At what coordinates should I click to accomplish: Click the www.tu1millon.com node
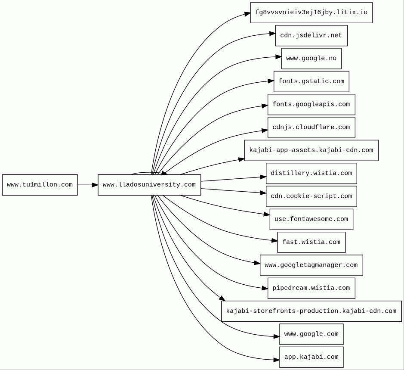(40, 185)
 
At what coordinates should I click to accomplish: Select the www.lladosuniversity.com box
(149, 185)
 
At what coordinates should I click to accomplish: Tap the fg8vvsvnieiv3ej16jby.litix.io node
(311, 12)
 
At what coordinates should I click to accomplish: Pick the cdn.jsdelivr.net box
(311, 35)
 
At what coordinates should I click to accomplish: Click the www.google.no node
(311, 58)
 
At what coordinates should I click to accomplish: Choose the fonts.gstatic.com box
(311, 81)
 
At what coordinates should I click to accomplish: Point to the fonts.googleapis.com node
(311, 104)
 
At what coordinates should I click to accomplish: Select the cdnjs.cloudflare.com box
(311, 127)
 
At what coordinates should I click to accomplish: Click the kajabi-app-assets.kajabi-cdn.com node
(311, 150)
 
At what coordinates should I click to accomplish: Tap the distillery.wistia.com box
(311, 173)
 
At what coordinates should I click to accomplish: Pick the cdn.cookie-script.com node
(311, 196)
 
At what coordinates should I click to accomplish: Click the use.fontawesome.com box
(311, 219)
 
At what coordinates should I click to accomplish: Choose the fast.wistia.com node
(311, 242)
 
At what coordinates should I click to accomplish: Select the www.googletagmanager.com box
(311, 265)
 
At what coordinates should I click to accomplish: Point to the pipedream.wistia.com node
(311, 288)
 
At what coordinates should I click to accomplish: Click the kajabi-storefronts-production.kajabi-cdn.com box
(311, 311)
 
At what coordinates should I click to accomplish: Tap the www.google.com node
(311, 334)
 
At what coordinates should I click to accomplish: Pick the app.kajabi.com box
(311, 357)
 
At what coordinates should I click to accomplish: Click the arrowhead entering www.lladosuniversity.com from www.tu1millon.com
(95, 185)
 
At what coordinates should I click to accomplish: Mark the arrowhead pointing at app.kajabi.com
(277, 360)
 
